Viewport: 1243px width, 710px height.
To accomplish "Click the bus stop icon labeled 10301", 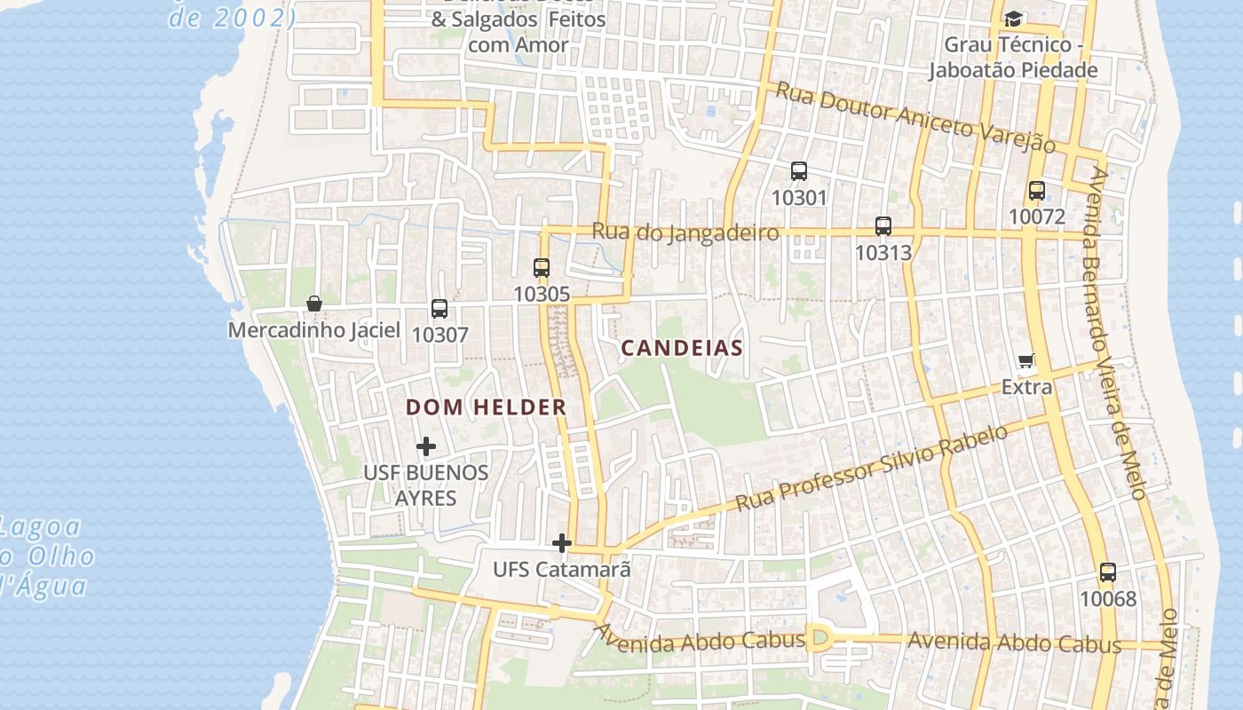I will [798, 171].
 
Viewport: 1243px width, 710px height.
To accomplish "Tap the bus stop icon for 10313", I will [883, 226].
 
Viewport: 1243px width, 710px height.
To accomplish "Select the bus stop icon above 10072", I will [1036, 190].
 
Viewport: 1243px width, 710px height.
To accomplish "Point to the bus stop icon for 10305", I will [542, 267].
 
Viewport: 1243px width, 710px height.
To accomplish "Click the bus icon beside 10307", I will [439, 309].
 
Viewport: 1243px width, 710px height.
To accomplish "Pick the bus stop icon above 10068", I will [1107, 572].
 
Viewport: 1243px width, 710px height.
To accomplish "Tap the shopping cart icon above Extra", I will [1026, 360].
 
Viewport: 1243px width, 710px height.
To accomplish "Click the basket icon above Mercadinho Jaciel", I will [313, 304].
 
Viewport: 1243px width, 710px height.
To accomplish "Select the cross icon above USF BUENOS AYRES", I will [426, 446].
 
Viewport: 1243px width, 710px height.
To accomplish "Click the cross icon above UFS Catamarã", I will [561, 542].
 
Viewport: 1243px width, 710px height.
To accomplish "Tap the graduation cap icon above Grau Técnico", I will [1012, 19].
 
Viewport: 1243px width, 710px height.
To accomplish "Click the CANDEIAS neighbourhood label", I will [681, 348].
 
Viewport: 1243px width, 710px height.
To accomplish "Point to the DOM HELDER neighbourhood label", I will [486, 407].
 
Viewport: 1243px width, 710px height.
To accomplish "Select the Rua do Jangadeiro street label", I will [685, 233].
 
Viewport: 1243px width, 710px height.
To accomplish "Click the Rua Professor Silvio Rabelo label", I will [872, 468].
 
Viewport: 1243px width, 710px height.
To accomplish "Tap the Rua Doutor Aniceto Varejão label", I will [914, 116].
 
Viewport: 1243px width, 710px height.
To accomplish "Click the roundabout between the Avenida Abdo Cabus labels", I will [819, 638].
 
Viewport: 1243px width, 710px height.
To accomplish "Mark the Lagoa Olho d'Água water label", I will [44, 556].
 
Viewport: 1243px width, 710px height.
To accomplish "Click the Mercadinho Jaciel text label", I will [313, 330].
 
